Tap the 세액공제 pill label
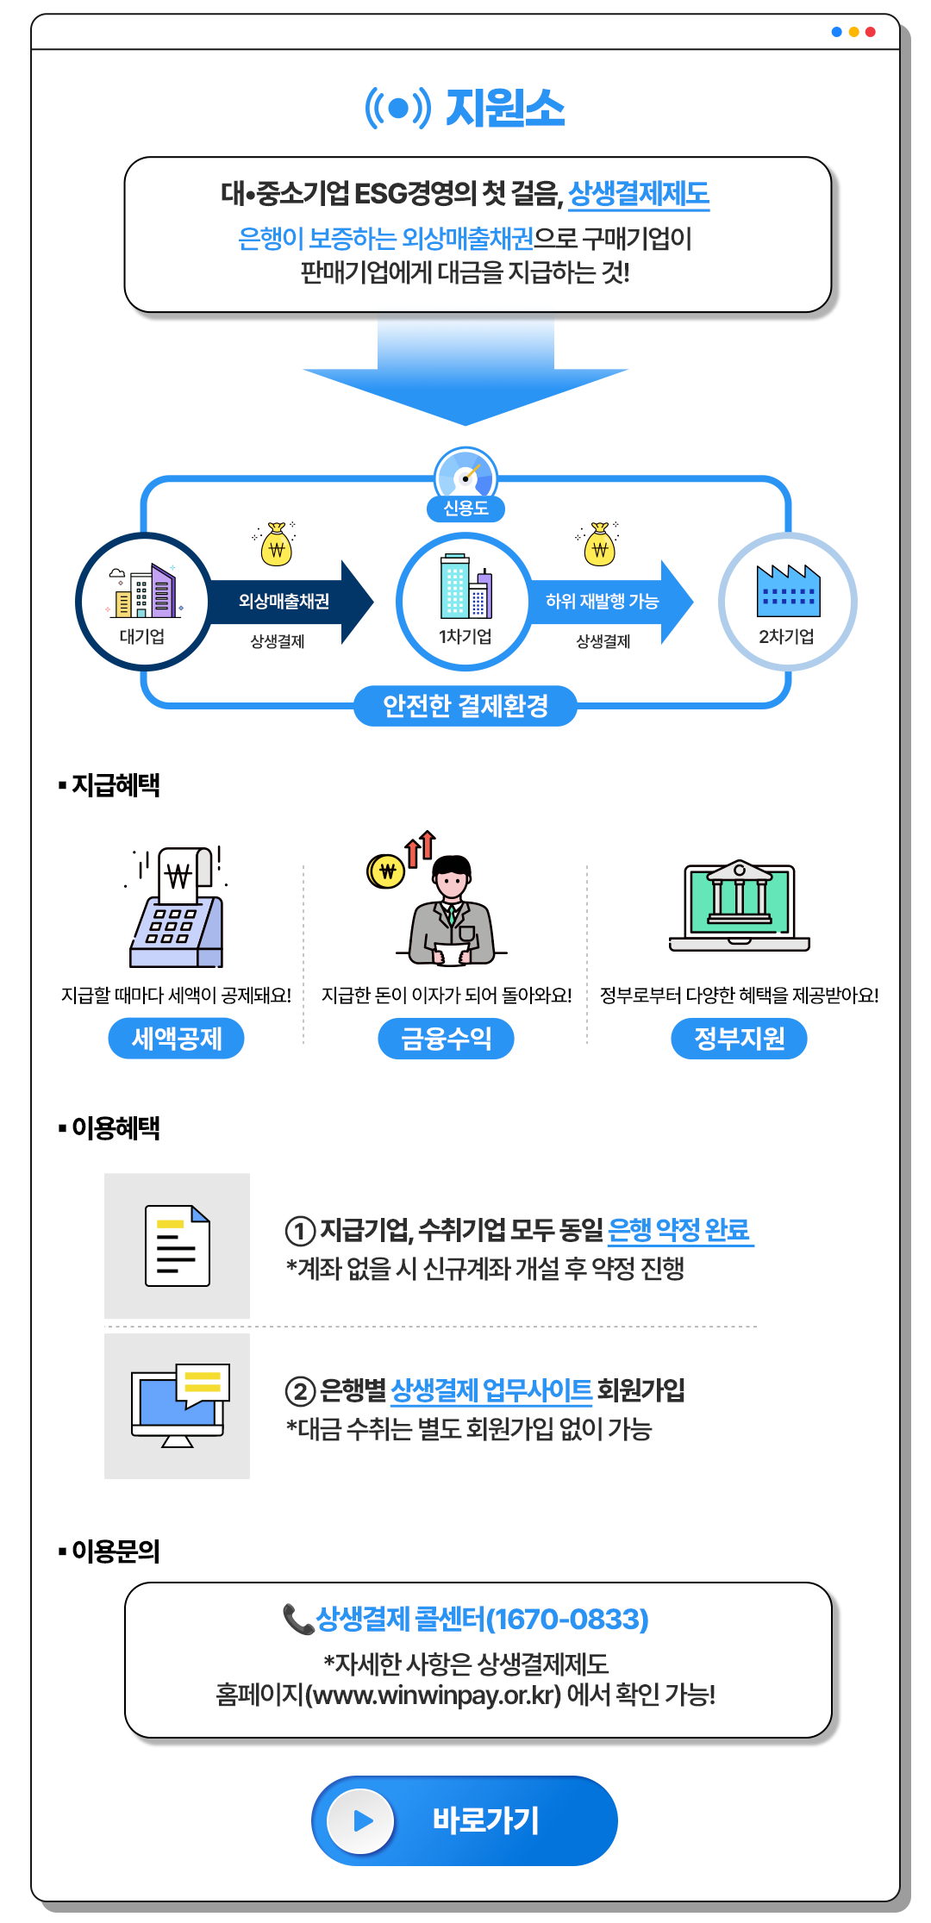[176, 1038]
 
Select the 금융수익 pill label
[447, 1038]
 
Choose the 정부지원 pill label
[740, 1038]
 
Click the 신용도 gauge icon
[465, 475]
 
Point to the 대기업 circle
[143, 602]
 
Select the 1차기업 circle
[465, 602]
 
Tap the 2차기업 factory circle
[787, 602]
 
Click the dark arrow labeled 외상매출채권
[291, 601]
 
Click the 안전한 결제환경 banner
[465, 706]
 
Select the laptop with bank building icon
[740, 905]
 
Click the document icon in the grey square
[178, 1246]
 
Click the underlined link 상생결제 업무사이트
[491, 1390]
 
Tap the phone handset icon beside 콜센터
[298, 1619]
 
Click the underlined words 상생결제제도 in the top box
[639, 194]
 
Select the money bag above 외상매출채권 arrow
[277, 543]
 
